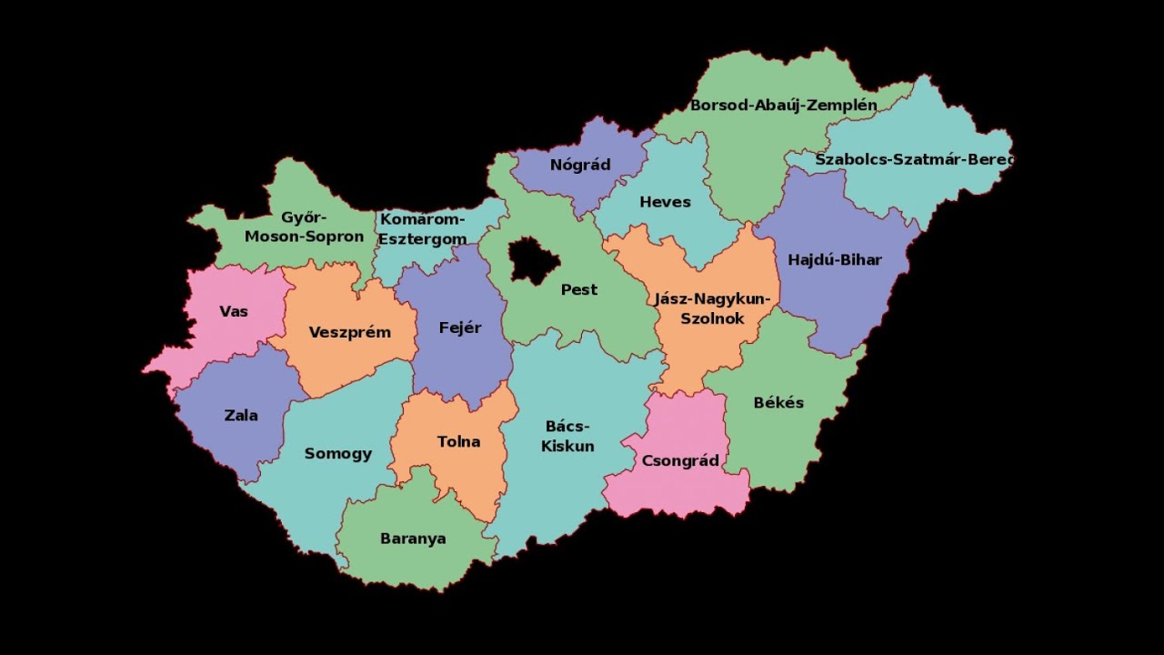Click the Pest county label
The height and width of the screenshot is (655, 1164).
[x=579, y=289]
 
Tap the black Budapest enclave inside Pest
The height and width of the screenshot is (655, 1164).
[x=534, y=259]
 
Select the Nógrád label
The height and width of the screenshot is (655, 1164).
[x=580, y=165]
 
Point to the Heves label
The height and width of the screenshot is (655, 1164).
[x=665, y=202]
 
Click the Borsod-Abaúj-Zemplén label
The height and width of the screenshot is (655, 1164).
[x=784, y=105]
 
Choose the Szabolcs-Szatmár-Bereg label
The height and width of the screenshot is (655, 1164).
[x=913, y=159]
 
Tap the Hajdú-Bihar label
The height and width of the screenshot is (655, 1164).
[x=835, y=259]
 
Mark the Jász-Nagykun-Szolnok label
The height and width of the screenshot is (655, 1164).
[x=712, y=308]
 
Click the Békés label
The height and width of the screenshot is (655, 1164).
[x=778, y=402]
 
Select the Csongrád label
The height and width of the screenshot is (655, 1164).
[x=680, y=460]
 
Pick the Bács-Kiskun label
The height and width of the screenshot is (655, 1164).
[x=567, y=436]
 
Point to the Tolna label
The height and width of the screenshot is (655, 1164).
[x=458, y=441]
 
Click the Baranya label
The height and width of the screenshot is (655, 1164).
[x=413, y=538]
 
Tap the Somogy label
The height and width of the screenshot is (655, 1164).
[x=338, y=453]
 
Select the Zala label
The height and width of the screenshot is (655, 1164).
[x=241, y=415]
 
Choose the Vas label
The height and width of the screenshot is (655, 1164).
[x=234, y=311]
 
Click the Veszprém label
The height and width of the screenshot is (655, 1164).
[x=350, y=332]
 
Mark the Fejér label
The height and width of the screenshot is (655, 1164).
[x=460, y=327]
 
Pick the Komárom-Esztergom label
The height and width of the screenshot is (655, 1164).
[x=422, y=228]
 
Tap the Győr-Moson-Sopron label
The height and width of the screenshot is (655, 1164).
[x=304, y=227]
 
